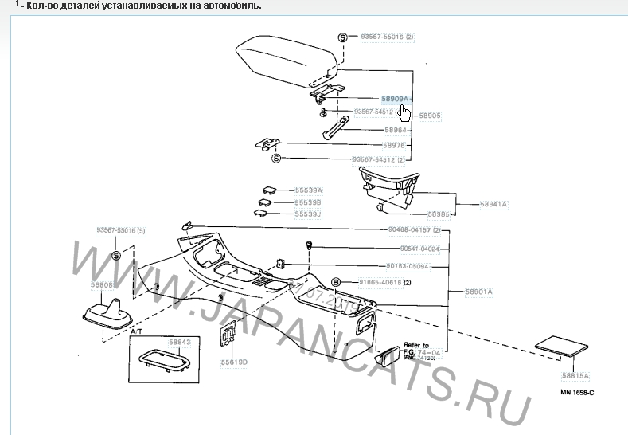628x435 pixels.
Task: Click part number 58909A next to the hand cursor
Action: pyautogui.click(x=394, y=99)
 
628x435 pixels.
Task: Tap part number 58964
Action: pyautogui.click(x=396, y=130)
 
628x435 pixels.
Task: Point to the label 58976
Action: pyautogui.click(x=396, y=145)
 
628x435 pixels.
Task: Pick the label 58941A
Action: pyautogui.click(x=493, y=205)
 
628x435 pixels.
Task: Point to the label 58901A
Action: pyautogui.click(x=480, y=292)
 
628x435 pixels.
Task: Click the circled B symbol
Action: pyautogui.click(x=336, y=282)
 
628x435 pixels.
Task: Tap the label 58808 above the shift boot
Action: pyautogui.click(x=101, y=284)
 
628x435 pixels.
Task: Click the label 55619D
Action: pyautogui.click(x=235, y=362)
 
